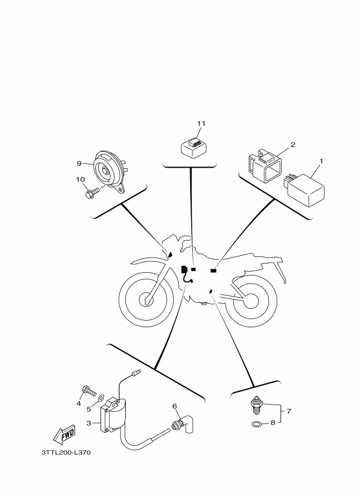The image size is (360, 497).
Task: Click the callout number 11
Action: tap(201, 124)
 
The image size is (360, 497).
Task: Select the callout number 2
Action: tap(293, 145)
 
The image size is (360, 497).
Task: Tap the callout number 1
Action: tap(321, 161)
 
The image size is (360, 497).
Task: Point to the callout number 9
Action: tap(80, 163)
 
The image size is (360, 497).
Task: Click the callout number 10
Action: tap(80, 180)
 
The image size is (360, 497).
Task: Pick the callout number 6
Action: tap(174, 406)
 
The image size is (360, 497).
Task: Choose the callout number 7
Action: tap(289, 412)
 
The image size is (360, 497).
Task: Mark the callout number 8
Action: tap(273, 422)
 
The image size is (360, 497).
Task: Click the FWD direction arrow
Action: tap(64, 434)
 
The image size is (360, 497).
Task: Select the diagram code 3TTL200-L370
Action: tap(66, 452)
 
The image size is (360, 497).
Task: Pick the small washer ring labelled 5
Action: tap(101, 397)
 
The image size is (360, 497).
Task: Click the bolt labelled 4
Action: tap(88, 391)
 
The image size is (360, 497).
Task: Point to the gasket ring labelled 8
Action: tap(257, 424)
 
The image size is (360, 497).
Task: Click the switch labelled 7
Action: tap(255, 406)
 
